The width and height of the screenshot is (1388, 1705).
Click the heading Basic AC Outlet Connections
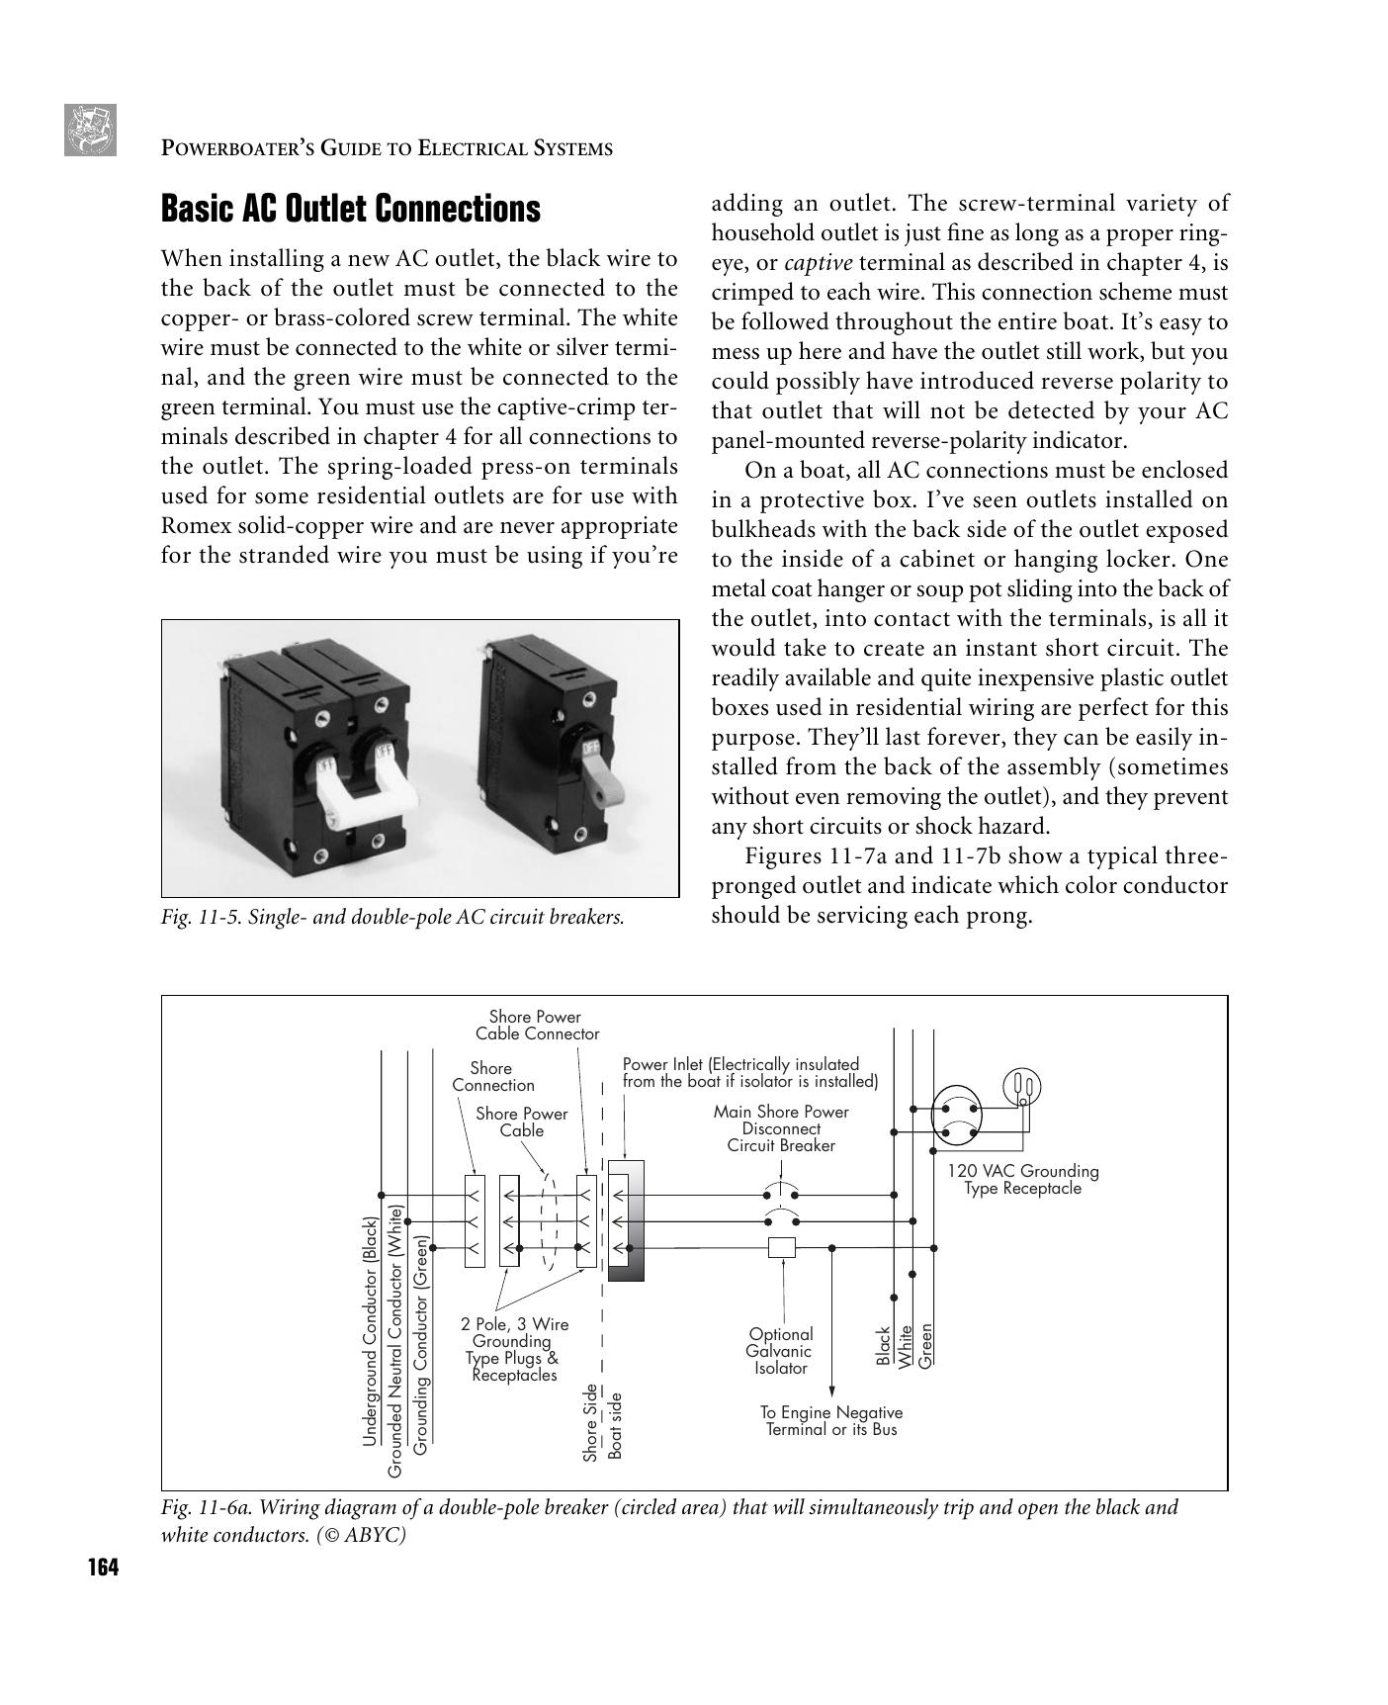pos(350,210)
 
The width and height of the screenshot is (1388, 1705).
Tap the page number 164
pos(102,1569)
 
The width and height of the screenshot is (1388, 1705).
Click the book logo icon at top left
pos(90,130)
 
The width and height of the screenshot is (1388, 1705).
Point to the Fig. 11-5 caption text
pos(392,917)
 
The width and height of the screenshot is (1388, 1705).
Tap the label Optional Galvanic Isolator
pos(780,1351)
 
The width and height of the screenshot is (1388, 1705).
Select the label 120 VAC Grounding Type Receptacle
pos(1022,1179)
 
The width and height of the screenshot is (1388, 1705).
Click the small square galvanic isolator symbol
pos(781,1248)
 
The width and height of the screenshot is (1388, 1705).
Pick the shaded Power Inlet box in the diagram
pos(626,1220)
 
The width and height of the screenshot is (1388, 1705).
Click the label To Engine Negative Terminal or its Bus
pos(830,1421)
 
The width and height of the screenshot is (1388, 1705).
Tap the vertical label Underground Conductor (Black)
pos(370,1331)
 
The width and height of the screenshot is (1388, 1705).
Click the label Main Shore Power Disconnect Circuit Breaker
pos(780,1128)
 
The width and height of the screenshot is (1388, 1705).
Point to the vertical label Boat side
pos(614,1425)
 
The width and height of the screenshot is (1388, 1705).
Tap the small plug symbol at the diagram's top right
pos(1021,1088)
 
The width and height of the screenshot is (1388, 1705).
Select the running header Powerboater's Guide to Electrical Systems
pos(387,149)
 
